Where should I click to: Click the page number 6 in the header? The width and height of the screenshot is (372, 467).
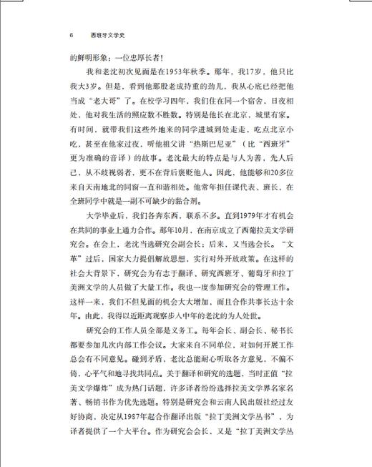tap(72, 34)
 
